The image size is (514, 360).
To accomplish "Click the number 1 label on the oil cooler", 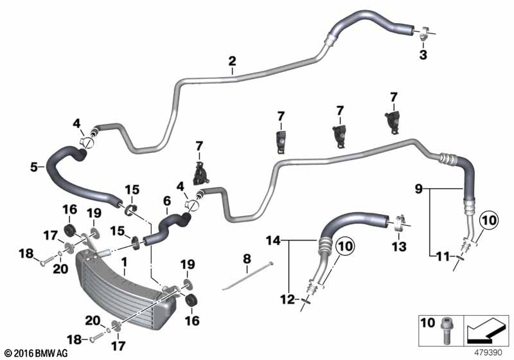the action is [124, 262].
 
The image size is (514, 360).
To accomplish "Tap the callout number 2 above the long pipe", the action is [232, 61].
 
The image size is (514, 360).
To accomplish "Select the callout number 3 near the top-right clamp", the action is [423, 55].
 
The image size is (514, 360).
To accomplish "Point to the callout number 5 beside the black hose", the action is [34, 167].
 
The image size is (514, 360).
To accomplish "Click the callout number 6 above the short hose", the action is [167, 201].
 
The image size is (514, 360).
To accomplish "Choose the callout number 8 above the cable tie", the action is [247, 259].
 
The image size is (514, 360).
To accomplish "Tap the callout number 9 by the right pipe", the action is [419, 189].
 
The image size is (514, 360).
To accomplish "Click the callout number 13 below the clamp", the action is [399, 247].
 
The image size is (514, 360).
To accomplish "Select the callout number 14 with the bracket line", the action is [274, 241].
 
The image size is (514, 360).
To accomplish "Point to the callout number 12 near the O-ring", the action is [287, 300].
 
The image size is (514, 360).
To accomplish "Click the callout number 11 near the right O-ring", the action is [443, 256].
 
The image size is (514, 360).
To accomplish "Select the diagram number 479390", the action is [489, 353].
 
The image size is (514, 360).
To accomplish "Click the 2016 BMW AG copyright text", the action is [37, 353].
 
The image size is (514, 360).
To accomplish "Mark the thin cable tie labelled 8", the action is [248, 276].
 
